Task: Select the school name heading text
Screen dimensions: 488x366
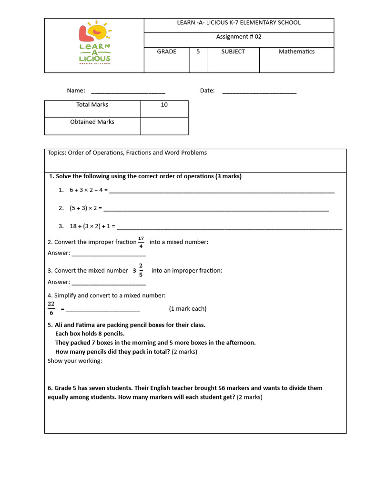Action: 239,23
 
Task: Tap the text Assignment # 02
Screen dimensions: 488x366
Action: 239,37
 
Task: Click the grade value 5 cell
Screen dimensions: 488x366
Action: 198,52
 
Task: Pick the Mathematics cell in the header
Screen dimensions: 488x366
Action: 296,52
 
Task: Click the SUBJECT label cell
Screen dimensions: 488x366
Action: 233,52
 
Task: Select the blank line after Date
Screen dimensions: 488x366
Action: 259,91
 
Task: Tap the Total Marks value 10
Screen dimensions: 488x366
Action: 164,105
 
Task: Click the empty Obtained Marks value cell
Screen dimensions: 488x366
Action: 164,126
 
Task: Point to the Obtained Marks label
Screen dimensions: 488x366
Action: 92,122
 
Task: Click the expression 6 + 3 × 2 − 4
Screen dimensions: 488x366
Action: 89,190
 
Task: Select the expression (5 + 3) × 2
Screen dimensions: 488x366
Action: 83,208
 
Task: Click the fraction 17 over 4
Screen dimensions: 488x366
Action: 141,242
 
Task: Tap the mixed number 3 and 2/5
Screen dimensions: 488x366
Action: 138,270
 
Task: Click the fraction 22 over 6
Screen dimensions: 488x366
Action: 51,308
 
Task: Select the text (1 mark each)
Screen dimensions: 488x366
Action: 188,309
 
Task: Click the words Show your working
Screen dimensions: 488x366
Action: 75,361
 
